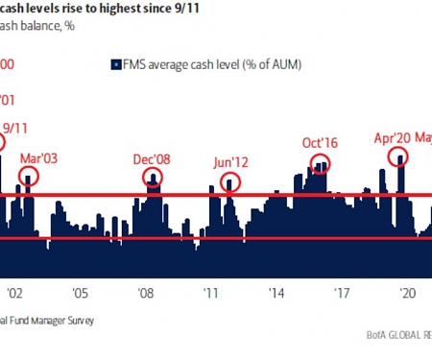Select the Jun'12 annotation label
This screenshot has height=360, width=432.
pyautogui.click(x=231, y=162)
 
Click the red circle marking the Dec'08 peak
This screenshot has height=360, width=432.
pyautogui.click(x=153, y=177)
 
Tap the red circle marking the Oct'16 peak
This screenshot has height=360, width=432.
pyautogui.click(x=320, y=164)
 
